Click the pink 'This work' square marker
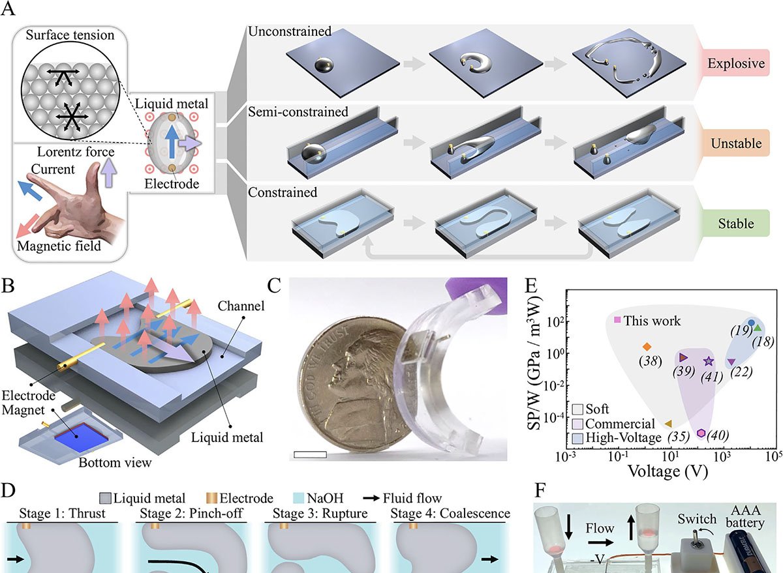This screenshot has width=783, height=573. pyautogui.click(x=617, y=320)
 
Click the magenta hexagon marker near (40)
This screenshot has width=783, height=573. pyautogui.click(x=700, y=433)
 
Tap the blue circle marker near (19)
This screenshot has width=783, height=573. pyautogui.click(x=752, y=323)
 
